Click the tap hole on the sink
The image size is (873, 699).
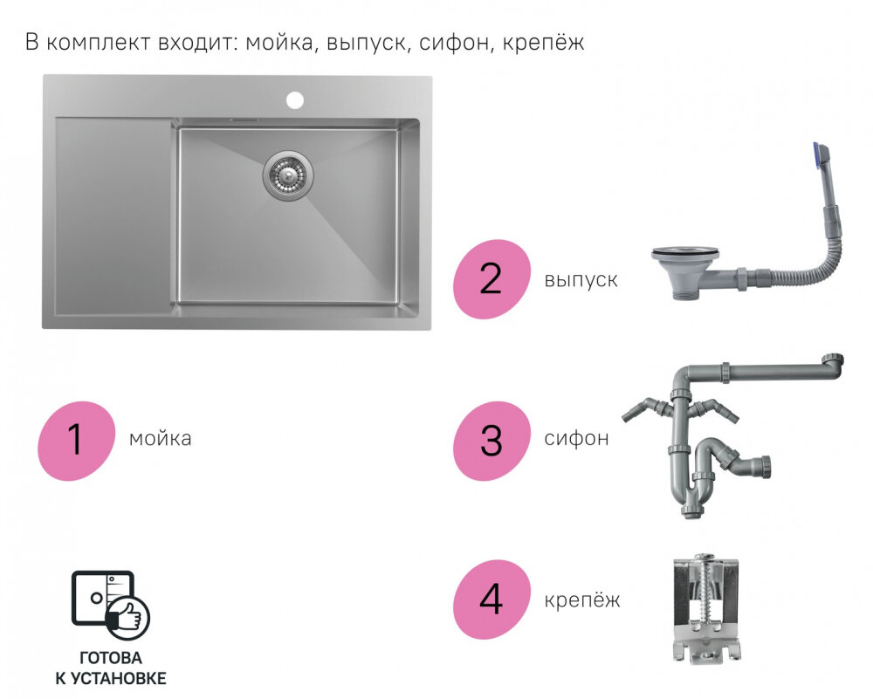pyautogui.click(x=295, y=100)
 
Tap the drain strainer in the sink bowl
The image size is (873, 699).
pyautogui.click(x=288, y=175)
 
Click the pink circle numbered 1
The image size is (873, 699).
pyautogui.click(x=76, y=441)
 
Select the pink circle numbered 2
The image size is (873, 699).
pyautogui.click(x=491, y=279)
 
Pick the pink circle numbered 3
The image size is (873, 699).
pyautogui.click(x=491, y=441)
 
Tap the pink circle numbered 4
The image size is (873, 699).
pyautogui.click(x=491, y=600)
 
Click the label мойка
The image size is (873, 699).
pyautogui.click(x=161, y=439)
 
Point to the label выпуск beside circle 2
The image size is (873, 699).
pyautogui.click(x=581, y=279)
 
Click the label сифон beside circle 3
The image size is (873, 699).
pyautogui.click(x=576, y=439)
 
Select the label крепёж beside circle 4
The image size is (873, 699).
pyautogui.click(x=581, y=600)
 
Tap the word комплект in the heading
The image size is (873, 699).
pyautogui.click(x=98, y=43)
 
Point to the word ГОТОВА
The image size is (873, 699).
pyautogui.click(x=111, y=658)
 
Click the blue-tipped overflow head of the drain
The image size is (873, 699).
pyautogui.click(x=821, y=154)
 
